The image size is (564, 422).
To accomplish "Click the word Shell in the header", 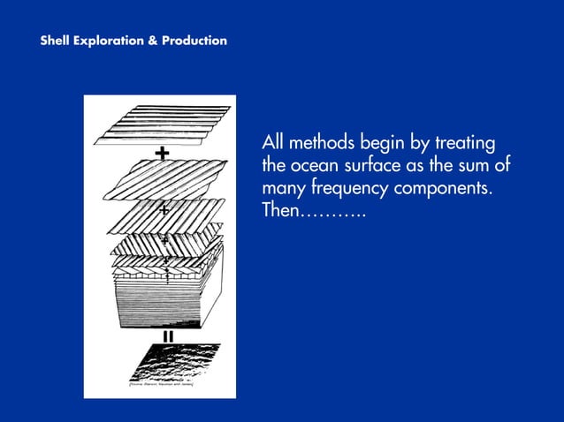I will point(56,41).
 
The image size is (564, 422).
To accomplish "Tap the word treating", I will point(464,145).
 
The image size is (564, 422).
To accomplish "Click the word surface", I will point(378,167).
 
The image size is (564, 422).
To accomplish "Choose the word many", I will point(283,191).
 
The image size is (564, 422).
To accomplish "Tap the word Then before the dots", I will point(281,213).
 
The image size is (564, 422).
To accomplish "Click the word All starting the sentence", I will point(272,144).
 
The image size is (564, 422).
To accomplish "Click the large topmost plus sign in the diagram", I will point(162,154).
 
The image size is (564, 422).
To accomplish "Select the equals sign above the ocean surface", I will point(167,335).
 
